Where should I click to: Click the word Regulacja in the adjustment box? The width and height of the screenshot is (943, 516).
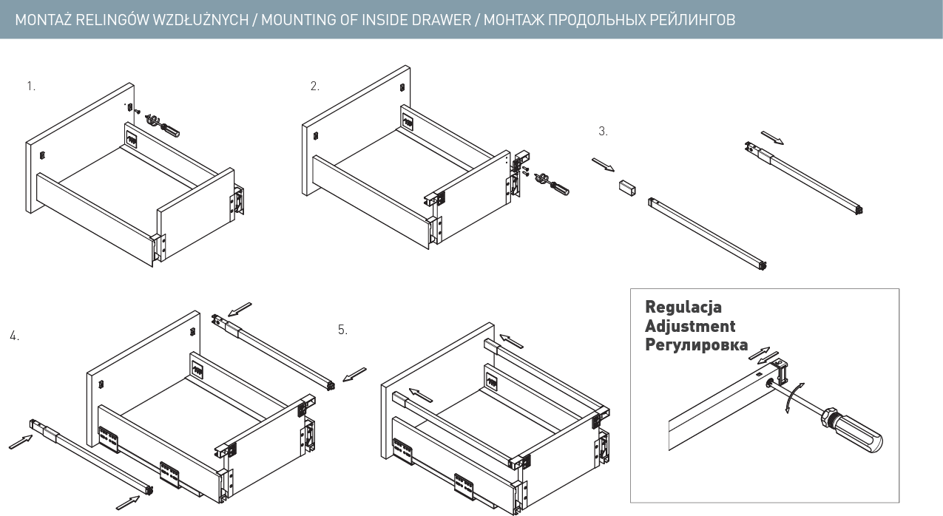[683, 307]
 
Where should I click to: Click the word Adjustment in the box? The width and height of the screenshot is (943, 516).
[690, 326]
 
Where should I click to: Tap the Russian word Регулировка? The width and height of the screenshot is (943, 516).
[696, 345]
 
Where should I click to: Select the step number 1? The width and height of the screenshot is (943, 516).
[30, 86]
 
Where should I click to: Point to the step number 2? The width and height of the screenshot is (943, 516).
[314, 86]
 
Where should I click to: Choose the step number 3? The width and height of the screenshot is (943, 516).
[603, 131]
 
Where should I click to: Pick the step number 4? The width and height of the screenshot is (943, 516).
[14, 336]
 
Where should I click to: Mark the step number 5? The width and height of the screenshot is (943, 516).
[342, 330]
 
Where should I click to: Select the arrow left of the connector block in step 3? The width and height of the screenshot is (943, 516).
[602, 163]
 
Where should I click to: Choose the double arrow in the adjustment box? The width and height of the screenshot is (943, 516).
[760, 355]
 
